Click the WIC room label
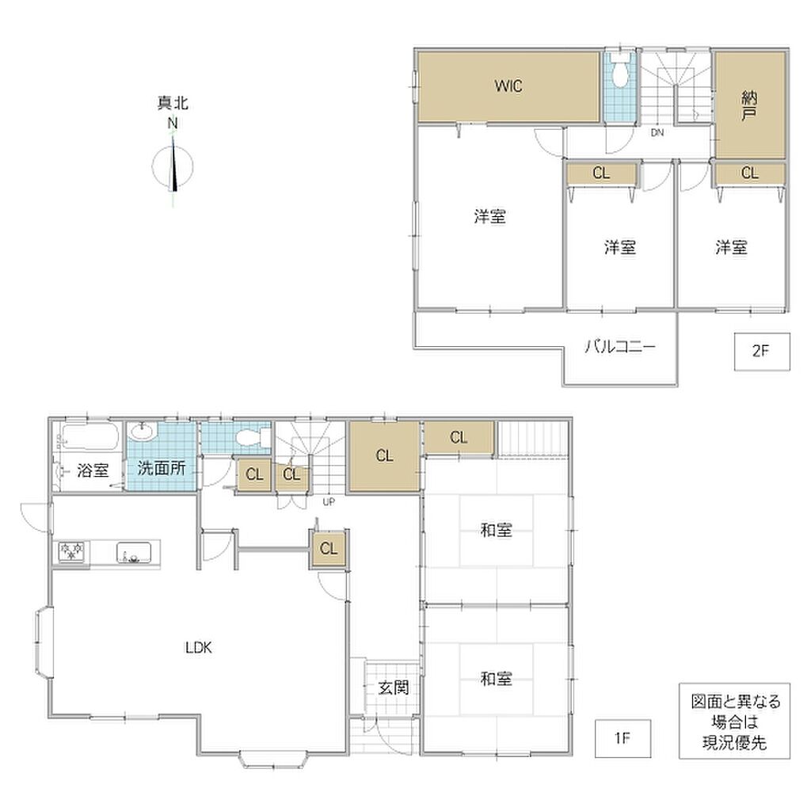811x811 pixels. coord(508,86)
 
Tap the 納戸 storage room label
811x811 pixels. coord(749,105)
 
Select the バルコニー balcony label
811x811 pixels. coord(620,346)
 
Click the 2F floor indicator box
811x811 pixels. coord(762,352)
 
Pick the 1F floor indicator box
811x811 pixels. coord(623,738)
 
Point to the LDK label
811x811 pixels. coord(199,648)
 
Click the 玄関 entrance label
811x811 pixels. coord(394,688)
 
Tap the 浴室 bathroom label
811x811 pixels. coord(93,470)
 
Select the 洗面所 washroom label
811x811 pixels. coord(162,468)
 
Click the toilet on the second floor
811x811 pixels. coord(620,71)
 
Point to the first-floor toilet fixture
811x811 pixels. coord(252,438)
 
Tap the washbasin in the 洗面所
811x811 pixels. coord(143,432)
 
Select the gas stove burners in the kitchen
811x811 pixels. coord(71,551)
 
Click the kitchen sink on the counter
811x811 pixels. coord(133,552)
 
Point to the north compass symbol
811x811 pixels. coord(173,166)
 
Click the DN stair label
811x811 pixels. coord(657,133)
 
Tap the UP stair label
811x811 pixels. coord(329,501)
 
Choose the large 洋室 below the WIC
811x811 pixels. coord(489,216)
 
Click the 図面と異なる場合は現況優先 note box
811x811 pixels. coord(734,722)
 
